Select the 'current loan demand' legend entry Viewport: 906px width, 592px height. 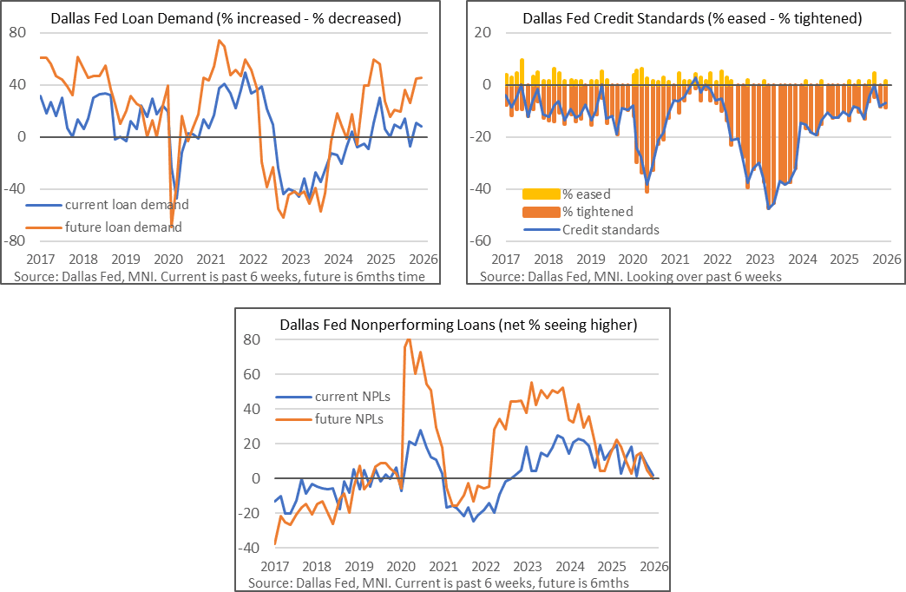(x=127, y=205)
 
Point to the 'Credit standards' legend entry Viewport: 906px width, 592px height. (x=611, y=230)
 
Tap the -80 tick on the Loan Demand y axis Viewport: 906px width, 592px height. (x=18, y=241)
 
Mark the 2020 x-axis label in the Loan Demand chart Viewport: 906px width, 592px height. (x=167, y=260)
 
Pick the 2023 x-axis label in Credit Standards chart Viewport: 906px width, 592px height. (x=761, y=260)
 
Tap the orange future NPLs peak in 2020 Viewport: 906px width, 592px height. (x=409, y=340)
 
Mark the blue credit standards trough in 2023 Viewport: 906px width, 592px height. (x=768, y=208)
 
